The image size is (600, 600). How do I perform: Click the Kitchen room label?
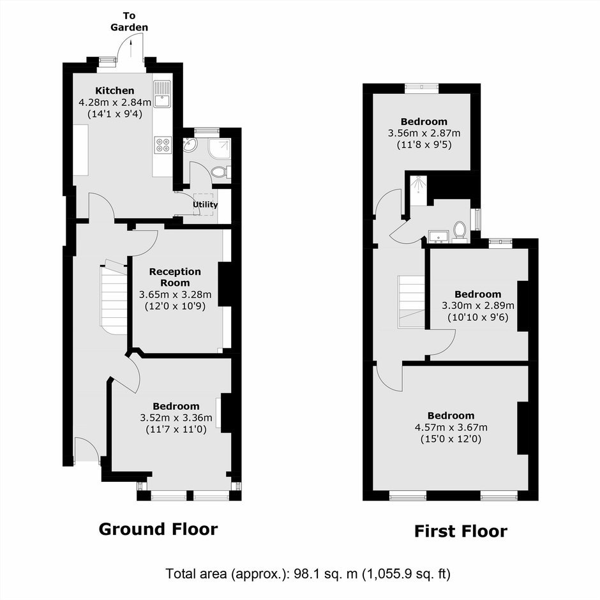pyautogui.click(x=115, y=91)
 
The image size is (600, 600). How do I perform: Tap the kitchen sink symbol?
pyautogui.click(x=162, y=94)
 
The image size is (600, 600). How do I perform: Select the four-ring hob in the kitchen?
pyautogui.click(x=162, y=145)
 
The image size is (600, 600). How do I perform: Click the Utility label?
pyautogui.click(x=205, y=205)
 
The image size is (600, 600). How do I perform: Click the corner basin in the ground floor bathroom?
pyautogui.click(x=190, y=145)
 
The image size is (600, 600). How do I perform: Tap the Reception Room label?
pyautogui.click(x=175, y=277)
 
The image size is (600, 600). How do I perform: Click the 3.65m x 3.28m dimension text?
pyautogui.click(x=176, y=295)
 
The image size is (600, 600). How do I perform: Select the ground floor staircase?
pyautogui.click(x=114, y=297)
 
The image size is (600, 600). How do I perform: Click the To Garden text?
pyautogui.click(x=130, y=22)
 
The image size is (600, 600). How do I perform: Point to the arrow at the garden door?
pyautogui.click(x=131, y=49)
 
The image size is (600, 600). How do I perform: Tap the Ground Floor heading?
pyautogui.click(x=158, y=529)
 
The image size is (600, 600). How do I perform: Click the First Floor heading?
pyautogui.click(x=461, y=531)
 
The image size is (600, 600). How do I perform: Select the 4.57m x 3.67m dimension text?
pyautogui.click(x=451, y=427)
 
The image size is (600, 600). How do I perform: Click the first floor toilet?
pyautogui.click(x=460, y=232)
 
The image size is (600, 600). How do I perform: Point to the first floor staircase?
pyautogui.click(x=411, y=302)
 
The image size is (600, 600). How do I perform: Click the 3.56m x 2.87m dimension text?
pyautogui.click(x=424, y=133)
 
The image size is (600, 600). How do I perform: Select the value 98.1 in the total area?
pyautogui.click(x=307, y=574)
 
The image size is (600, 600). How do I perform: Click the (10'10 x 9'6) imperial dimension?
pyautogui.click(x=478, y=317)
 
